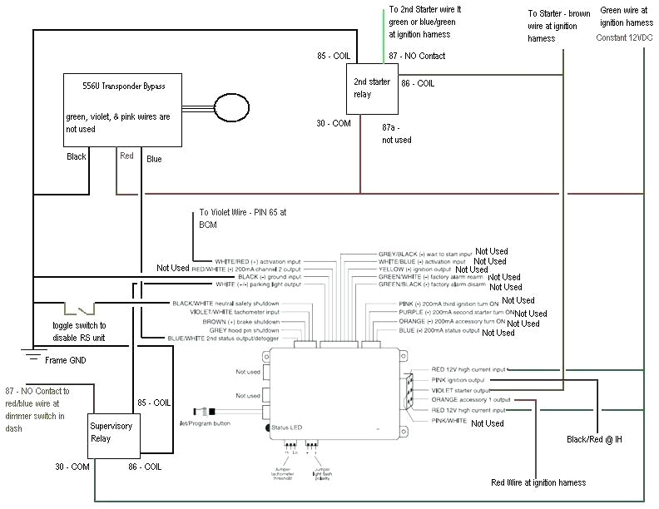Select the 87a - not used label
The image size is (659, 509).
pos(397,134)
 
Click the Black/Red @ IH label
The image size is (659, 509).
pos(594,438)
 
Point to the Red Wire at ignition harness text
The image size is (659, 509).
pos(538,482)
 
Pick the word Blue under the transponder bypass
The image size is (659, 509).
pos(154,159)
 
